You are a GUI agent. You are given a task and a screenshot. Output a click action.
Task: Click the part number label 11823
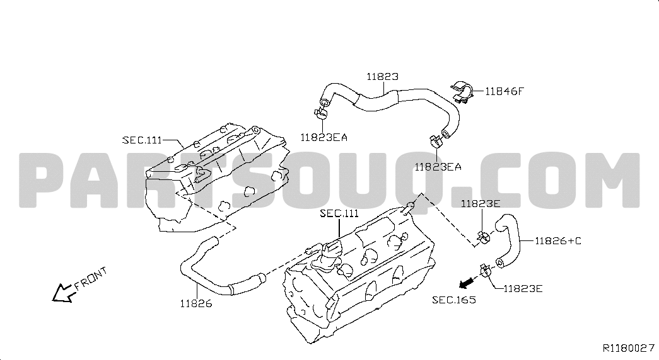(382, 76)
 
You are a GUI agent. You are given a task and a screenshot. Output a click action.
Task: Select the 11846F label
(504, 91)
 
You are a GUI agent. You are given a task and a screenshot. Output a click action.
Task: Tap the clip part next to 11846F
(463, 90)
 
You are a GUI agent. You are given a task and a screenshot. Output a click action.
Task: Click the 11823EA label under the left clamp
(324, 137)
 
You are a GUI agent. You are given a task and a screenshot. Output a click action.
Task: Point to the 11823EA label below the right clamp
(438, 167)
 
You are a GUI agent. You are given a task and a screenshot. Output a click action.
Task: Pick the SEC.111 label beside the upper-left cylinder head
(142, 140)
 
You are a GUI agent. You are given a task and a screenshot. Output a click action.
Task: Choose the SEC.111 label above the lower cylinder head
(339, 213)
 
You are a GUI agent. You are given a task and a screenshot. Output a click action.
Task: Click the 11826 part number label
(196, 303)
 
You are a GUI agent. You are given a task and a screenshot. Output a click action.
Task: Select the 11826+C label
(557, 241)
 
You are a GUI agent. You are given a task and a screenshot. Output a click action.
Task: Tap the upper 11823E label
(481, 203)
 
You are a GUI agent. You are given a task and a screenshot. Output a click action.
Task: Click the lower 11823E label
(523, 288)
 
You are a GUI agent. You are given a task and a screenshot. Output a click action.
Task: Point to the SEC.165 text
(454, 300)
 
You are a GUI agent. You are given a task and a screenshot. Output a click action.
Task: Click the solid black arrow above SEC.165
(465, 284)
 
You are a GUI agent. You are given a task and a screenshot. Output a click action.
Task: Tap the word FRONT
(91, 279)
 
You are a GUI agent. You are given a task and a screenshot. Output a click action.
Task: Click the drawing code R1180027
(628, 348)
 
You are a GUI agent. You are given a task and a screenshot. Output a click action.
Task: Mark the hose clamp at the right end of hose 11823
(435, 142)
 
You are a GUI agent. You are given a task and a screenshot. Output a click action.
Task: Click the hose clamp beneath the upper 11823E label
(483, 237)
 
